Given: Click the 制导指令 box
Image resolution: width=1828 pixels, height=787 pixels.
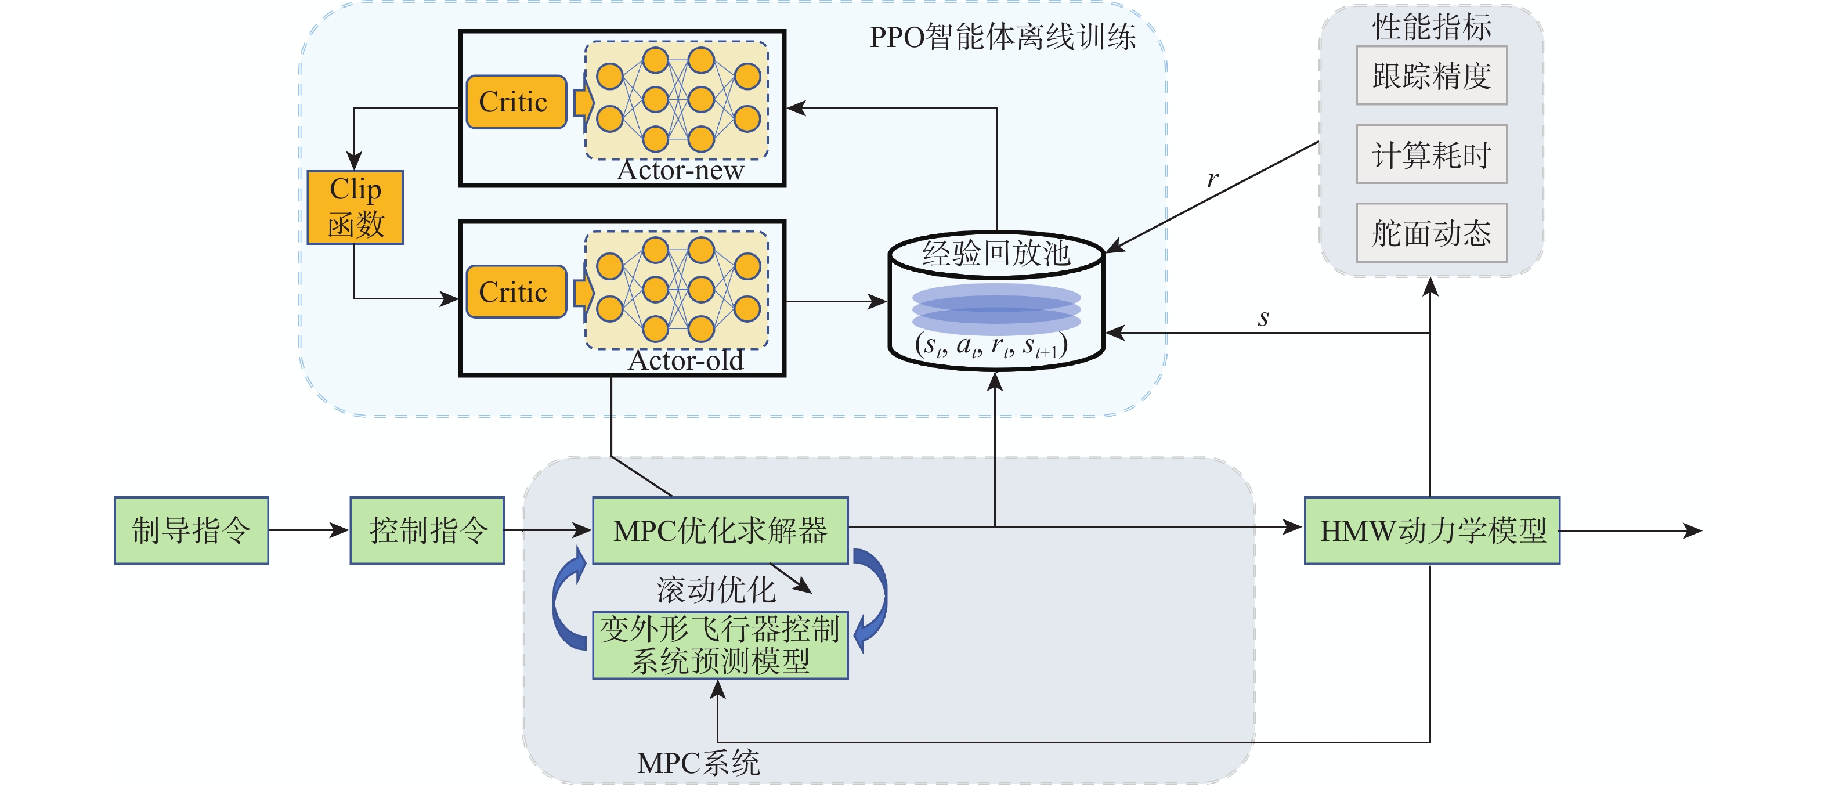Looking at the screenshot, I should (191, 530).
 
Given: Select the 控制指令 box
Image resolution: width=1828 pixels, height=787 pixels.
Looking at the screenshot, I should (427, 530).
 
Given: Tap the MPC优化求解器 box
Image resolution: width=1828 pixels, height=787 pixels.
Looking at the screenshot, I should (720, 530).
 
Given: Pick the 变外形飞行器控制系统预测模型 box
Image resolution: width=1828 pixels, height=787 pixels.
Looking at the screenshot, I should (720, 645).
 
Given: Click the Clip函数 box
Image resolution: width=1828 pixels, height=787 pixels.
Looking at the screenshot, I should (355, 207).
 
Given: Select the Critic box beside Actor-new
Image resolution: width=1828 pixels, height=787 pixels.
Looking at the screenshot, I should (515, 102).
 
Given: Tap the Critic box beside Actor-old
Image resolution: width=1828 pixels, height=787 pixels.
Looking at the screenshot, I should (515, 292).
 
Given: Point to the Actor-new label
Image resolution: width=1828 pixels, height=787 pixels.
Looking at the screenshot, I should (680, 170).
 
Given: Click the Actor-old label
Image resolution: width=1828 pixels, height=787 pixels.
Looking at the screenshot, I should (685, 360).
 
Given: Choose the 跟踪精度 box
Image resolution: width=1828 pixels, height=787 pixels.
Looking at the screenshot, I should (1431, 76).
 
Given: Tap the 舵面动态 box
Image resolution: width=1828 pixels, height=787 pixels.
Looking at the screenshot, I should (1431, 233).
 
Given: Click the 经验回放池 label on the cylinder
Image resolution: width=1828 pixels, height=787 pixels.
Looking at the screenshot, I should (996, 252).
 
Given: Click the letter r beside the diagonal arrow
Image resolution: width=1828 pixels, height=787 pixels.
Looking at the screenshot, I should (1213, 178).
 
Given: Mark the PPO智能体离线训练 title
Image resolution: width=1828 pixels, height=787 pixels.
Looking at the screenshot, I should (1002, 37).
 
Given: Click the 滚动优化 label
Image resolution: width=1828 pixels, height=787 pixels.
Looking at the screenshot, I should (716, 590).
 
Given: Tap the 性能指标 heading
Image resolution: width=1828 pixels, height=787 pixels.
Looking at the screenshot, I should (1431, 27).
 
